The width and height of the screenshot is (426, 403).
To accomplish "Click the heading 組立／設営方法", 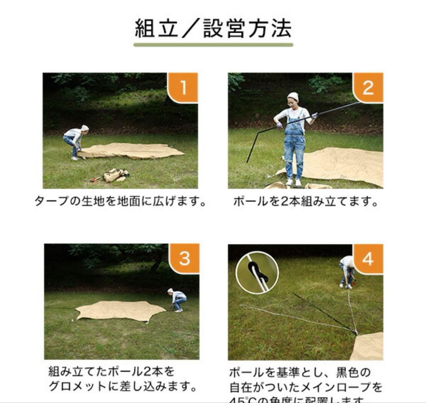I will pyautogui.click(x=213, y=28).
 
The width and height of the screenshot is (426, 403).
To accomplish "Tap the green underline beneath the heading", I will pyautogui.click(x=213, y=45).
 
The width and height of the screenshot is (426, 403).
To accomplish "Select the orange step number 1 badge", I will pyautogui.click(x=183, y=88).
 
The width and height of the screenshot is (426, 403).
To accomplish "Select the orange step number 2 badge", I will pyautogui.click(x=368, y=88).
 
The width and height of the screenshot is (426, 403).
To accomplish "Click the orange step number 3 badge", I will pyautogui.click(x=184, y=258).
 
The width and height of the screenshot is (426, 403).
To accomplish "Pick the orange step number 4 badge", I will pyautogui.click(x=368, y=259).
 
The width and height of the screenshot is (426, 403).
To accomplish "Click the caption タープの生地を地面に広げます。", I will pyautogui.click(x=120, y=202).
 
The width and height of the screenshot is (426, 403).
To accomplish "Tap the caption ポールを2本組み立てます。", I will pyautogui.click(x=306, y=202).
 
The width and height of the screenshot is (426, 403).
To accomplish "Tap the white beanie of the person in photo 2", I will pyautogui.click(x=293, y=96).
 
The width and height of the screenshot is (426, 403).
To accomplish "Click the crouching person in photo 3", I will pyautogui.click(x=178, y=299).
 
